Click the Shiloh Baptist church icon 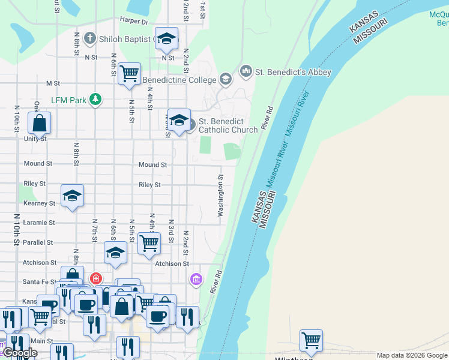(x=90, y=39)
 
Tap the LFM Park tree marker (x=95, y=99)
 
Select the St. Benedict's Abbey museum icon (x=246, y=72)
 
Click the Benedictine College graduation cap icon (x=225, y=79)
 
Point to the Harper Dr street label (x=134, y=22)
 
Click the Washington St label (x=221, y=196)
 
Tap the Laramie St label (x=39, y=222)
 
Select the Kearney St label (x=39, y=203)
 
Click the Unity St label (x=35, y=139)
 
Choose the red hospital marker (x=95, y=278)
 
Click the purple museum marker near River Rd (x=196, y=279)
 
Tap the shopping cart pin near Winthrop (x=311, y=340)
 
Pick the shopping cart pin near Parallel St (x=149, y=242)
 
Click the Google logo (x=20, y=353)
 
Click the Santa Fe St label (x=40, y=281)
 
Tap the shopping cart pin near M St (x=129, y=74)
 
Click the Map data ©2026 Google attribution (x=412, y=355)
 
